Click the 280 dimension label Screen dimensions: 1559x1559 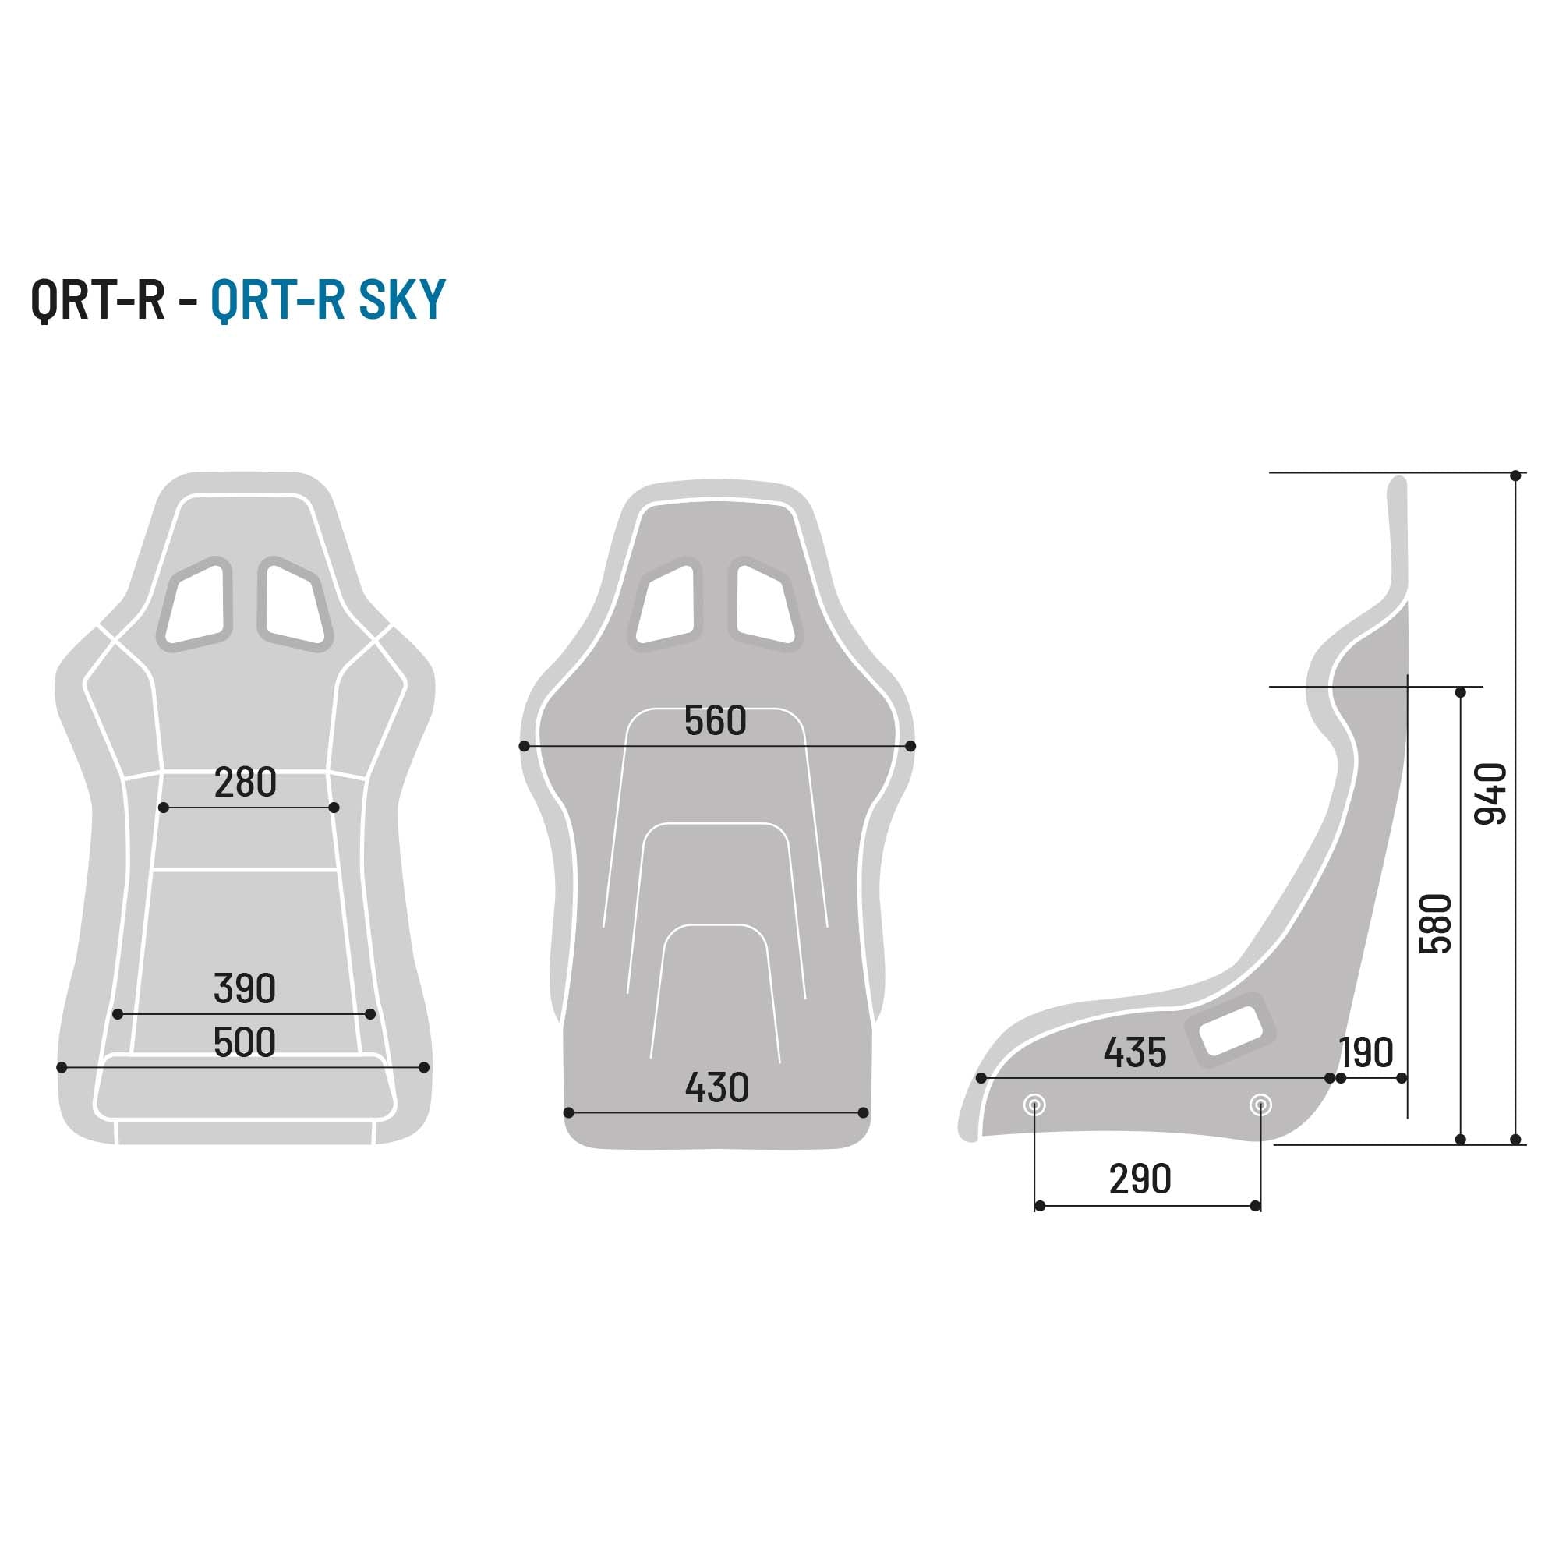(x=246, y=783)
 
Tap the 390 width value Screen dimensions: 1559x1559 (x=245, y=988)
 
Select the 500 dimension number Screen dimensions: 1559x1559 (x=245, y=1042)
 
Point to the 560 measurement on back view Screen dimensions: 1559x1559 (x=715, y=720)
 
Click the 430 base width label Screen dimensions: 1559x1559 (x=716, y=1087)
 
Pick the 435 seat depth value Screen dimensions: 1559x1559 (x=1134, y=1052)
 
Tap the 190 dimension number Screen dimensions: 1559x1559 (x=1366, y=1052)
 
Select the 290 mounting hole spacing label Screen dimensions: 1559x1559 (x=1140, y=1179)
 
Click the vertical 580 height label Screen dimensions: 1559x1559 (x=1436, y=924)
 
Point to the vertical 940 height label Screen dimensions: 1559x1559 (x=1490, y=794)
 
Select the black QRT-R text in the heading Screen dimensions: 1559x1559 (x=97, y=299)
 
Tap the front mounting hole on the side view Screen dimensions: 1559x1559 (x=1034, y=1105)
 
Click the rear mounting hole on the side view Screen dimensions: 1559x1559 (x=1260, y=1105)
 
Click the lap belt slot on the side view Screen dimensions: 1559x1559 (x=1230, y=1030)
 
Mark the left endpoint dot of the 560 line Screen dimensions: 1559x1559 (x=525, y=747)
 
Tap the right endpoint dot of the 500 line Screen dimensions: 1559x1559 (x=425, y=1068)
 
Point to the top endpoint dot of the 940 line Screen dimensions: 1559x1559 (x=1515, y=476)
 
